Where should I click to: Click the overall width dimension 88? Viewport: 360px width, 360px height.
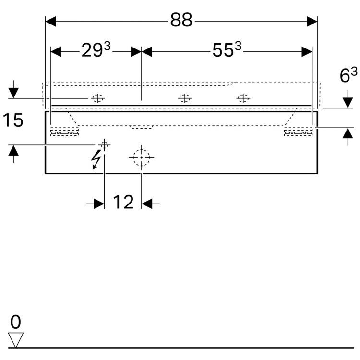click(181, 20)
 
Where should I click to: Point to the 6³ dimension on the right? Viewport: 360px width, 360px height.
click(348, 74)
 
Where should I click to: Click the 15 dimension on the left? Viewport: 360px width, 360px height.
click(13, 120)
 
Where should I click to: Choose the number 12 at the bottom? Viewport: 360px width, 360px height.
click(123, 202)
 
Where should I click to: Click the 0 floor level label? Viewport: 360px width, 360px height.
click(16, 322)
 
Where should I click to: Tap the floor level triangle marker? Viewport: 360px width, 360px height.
click(16, 340)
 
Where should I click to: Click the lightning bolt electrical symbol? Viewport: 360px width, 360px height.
click(96, 159)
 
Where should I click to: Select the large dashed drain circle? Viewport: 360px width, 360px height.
click(142, 158)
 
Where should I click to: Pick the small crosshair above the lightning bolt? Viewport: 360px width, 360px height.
click(105, 145)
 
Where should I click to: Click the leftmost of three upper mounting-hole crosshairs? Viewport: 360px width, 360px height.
click(98, 98)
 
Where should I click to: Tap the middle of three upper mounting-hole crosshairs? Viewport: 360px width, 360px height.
click(185, 98)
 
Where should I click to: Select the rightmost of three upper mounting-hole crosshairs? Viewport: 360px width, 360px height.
click(243, 98)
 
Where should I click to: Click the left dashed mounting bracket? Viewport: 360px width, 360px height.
click(64, 132)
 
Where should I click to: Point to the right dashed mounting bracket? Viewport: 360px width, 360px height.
click(299, 132)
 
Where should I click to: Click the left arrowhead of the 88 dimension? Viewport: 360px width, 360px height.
click(50, 22)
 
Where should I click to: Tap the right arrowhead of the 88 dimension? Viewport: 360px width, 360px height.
click(312, 22)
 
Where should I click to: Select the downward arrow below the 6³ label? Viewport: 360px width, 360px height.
click(348, 99)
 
